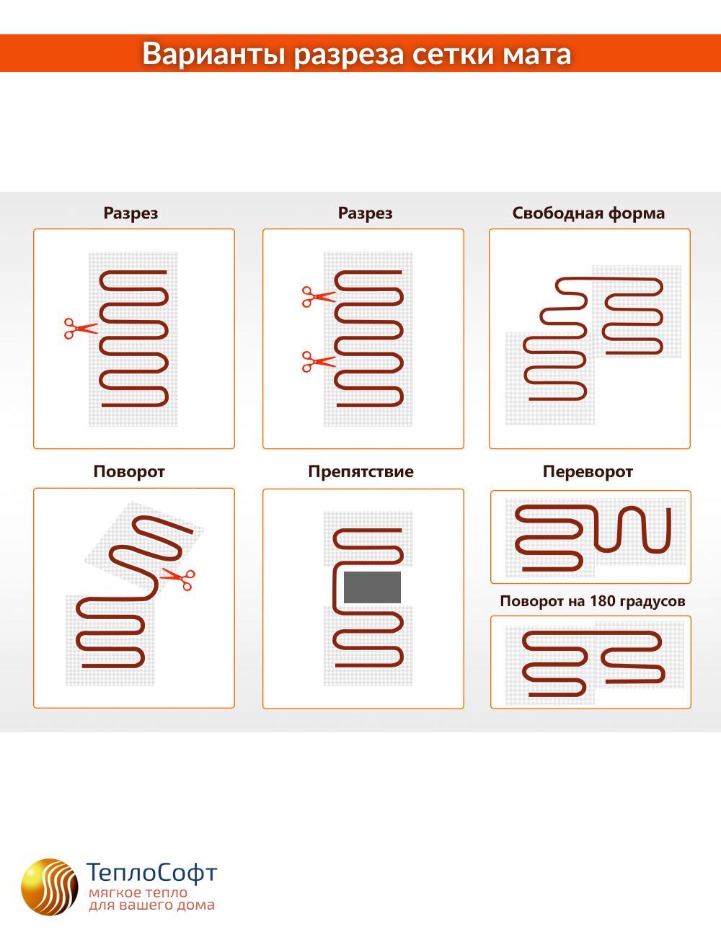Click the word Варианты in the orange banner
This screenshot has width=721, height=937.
pyautogui.click(x=214, y=54)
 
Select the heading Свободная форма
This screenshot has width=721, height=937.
pyautogui.click(x=588, y=213)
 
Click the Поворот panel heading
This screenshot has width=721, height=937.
pyautogui.click(x=129, y=471)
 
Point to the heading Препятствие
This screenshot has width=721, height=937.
pyautogui.click(x=361, y=471)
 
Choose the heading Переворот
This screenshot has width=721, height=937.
pyautogui.click(x=588, y=471)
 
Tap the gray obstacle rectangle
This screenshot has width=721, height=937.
pyautogui.click(x=372, y=587)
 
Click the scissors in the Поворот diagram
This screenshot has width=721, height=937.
pyautogui.click(x=178, y=578)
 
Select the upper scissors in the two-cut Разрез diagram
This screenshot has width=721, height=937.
pyautogui.click(x=319, y=297)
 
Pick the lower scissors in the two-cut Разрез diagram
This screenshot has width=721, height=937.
pyautogui.click(x=319, y=361)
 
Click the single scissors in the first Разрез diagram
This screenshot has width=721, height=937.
pyautogui.click(x=81, y=329)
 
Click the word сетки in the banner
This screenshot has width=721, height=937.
pyautogui.click(x=453, y=55)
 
